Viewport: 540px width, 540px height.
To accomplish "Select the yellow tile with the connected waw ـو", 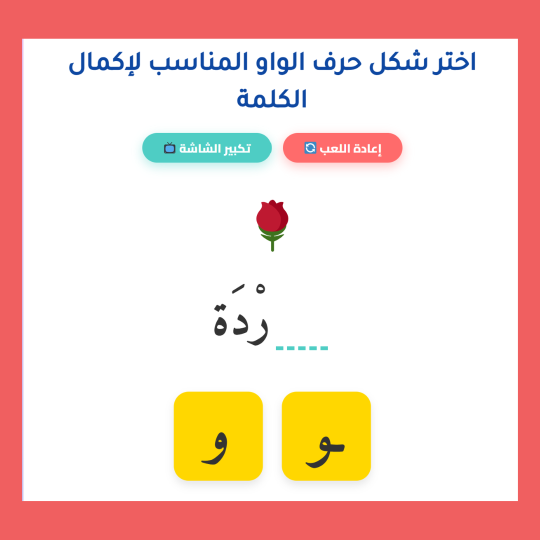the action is pos(326,436).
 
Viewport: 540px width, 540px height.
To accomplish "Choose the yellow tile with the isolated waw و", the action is pos(218,436).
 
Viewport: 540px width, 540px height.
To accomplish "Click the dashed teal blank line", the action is pos(301,348).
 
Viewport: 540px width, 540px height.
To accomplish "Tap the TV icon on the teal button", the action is pos(169,147).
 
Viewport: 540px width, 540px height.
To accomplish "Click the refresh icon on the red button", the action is pos(310,147).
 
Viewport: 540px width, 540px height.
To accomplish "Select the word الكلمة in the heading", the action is pos(271,98).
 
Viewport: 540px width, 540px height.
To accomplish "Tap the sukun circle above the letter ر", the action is pos(260,288).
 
